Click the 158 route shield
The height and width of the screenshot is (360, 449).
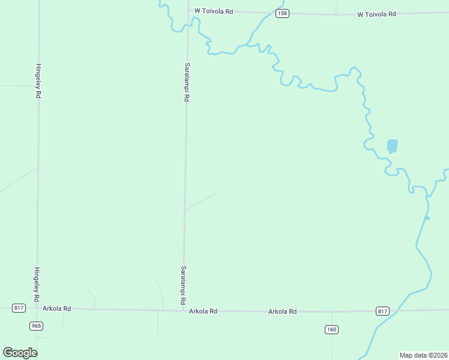pyautogui.click(x=282, y=13)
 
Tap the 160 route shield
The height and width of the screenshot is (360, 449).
pyautogui.click(x=332, y=329)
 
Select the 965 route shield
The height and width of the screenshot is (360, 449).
pyautogui.click(x=36, y=325)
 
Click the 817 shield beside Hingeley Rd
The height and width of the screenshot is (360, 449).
pyautogui.click(x=19, y=308)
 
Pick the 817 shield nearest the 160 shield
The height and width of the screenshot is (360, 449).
pyautogui.click(x=383, y=311)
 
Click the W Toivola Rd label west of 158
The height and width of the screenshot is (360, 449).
pyautogui.click(x=213, y=11)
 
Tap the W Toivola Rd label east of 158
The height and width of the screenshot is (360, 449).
pyautogui.click(x=376, y=14)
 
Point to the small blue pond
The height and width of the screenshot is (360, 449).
pyautogui.click(x=392, y=146)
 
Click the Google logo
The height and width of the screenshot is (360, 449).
pyautogui.click(x=20, y=353)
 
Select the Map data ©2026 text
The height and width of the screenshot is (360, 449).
pyautogui.click(x=423, y=355)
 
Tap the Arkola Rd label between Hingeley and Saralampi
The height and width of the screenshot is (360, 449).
pyautogui.click(x=57, y=308)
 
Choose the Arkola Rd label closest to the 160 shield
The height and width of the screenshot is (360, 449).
pyautogui.click(x=283, y=311)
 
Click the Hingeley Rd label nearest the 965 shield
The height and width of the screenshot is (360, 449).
pyautogui.click(x=37, y=284)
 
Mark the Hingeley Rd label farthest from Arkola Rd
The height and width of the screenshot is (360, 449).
pyautogui.click(x=38, y=81)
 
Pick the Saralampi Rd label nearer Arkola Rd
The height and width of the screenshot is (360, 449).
pyautogui.click(x=182, y=284)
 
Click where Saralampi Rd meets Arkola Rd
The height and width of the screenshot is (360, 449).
pyautogui.click(x=182, y=310)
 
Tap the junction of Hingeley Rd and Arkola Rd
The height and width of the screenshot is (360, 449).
pyautogui.click(x=37, y=308)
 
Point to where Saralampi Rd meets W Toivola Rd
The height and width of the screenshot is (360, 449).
pyautogui.click(x=188, y=11)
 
